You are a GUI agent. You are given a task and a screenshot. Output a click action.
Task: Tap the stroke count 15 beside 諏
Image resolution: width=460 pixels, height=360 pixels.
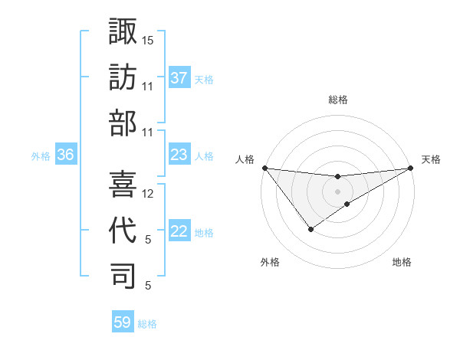coord(148,39)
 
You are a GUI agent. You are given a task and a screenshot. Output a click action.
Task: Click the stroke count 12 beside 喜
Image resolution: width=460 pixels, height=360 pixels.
coord(148,194)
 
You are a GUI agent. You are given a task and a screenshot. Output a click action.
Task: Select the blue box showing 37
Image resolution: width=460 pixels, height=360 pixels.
coord(179,78)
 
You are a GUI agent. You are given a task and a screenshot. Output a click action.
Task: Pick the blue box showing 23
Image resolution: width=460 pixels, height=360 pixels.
coord(179,155)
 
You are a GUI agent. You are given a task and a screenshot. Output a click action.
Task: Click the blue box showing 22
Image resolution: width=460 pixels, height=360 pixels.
coord(179,232)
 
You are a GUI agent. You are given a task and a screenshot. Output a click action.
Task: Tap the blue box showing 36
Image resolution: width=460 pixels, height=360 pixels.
coord(65,155)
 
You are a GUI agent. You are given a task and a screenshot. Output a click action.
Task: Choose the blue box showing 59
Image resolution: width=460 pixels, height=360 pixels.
coord(123,322)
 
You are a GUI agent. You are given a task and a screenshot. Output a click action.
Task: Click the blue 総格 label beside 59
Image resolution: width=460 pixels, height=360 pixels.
coord(147,323)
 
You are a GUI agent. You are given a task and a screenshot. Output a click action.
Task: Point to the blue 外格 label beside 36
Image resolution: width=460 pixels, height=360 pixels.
coord(41,155)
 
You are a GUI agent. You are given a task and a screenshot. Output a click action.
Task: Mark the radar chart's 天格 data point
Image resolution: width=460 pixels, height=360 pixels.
coord(410,168)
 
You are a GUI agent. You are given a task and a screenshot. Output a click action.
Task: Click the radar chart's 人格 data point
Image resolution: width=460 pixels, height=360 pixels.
coord(264,168)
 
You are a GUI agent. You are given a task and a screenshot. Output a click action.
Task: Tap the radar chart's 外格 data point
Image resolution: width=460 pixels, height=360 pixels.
coord(310,228)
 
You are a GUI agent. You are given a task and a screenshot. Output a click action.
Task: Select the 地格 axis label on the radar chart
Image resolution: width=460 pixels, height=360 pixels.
coord(402,262)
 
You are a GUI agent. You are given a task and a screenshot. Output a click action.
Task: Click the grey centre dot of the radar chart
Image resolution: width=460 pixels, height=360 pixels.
coord(337,191)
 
